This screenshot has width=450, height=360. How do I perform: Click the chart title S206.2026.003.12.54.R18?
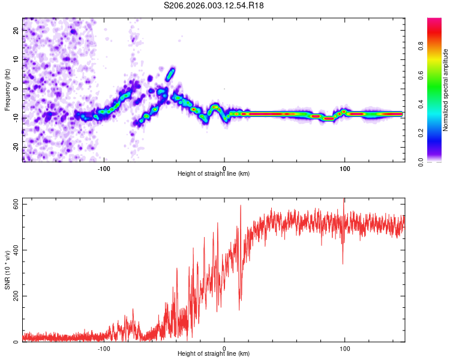tap(214, 5)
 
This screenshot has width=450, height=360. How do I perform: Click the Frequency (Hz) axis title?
tap(7, 89)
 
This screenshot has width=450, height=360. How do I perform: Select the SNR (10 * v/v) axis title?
tap(7, 269)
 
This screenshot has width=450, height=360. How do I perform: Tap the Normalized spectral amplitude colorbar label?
tap(446, 90)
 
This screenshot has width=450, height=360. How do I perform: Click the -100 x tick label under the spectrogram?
tap(104, 167)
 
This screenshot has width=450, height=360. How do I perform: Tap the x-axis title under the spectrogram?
tap(214, 174)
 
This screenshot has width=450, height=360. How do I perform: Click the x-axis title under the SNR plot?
tap(214, 354)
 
